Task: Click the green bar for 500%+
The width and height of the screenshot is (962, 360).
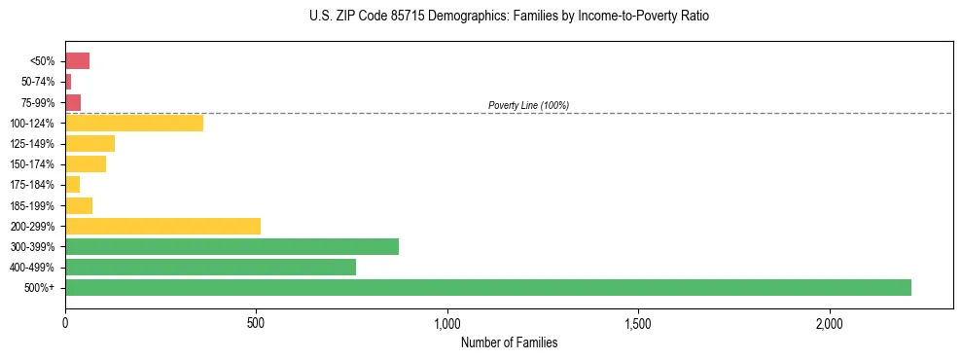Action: (488, 287)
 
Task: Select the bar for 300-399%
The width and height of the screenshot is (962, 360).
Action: (232, 246)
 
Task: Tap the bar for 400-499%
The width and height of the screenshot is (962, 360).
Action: (210, 267)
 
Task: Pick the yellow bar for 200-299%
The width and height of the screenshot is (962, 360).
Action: (162, 226)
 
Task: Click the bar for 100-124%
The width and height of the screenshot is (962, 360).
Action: (134, 123)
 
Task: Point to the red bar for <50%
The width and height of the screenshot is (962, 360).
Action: (77, 61)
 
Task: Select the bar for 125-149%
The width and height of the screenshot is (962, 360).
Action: (89, 143)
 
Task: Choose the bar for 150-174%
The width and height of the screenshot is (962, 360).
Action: (86, 163)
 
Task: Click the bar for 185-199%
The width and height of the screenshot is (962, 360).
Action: (79, 205)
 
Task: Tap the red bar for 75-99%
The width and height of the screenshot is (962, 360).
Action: (73, 102)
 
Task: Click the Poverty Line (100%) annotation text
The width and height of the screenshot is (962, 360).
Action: (528, 105)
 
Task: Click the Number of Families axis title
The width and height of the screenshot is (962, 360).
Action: (509, 342)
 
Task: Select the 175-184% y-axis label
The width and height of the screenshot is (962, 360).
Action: (32, 185)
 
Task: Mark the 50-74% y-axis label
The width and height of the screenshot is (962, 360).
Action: (37, 82)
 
